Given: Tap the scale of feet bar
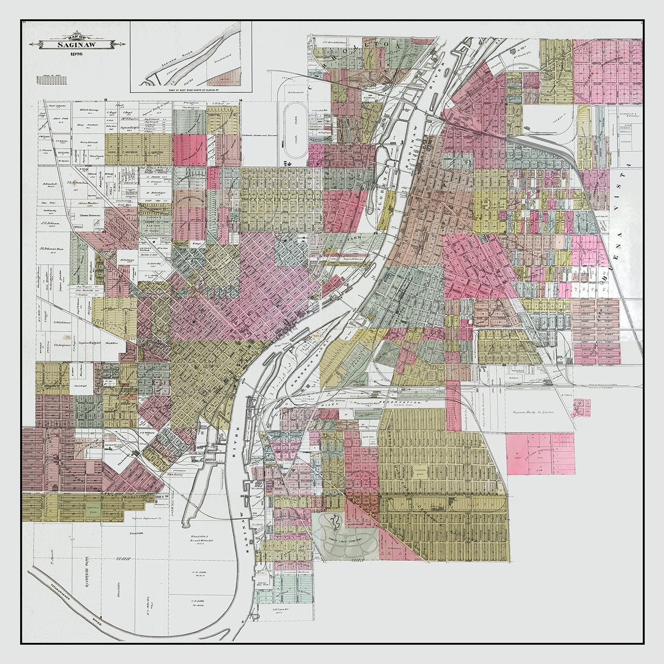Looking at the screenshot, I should pyautogui.click(x=52, y=80).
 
